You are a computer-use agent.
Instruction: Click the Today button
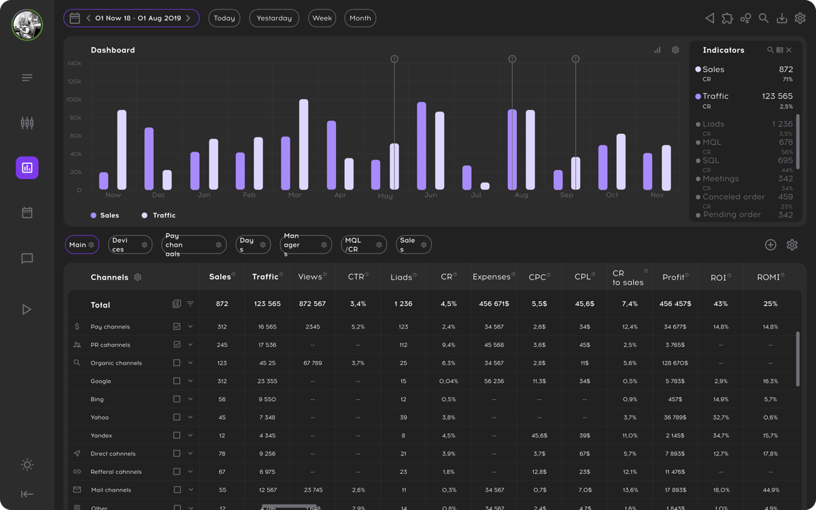[x=224, y=18]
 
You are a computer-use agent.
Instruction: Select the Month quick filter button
[x=360, y=18]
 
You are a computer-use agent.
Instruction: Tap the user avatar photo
[x=27, y=25]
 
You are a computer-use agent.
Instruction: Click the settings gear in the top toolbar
[x=800, y=18]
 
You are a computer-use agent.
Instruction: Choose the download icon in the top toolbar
[x=782, y=18]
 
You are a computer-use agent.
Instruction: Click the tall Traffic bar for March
[x=303, y=145]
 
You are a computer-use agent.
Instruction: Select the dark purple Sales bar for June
[x=422, y=146]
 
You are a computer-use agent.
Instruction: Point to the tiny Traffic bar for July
[x=485, y=186]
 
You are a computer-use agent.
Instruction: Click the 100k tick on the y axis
[x=73, y=99]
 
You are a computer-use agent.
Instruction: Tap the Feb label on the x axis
[x=249, y=195]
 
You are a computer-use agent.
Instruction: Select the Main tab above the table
[x=82, y=245]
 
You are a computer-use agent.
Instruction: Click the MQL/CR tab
[x=363, y=245]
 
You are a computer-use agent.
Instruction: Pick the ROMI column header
[x=770, y=277]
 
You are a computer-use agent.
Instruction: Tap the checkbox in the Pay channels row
[x=177, y=327]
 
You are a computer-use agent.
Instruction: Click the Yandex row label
[x=101, y=436]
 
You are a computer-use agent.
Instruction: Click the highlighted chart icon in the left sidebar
[x=27, y=167]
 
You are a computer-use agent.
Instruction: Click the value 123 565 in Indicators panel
[x=777, y=97]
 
